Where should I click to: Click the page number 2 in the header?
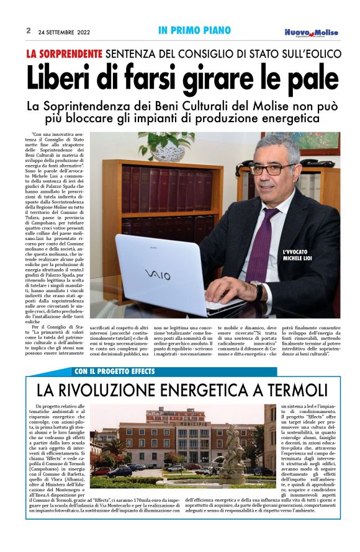(x=29, y=30)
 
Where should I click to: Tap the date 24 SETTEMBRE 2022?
(x=64, y=31)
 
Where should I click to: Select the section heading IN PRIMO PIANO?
(x=194, y=30)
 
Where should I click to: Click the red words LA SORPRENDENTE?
(x=64, y=54)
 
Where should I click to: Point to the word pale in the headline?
(x=305, y=78)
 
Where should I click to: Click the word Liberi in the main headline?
(x=61, y=78)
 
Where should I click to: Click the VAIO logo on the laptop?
(x=157, y=274)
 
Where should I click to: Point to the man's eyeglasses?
(x=272, y=168)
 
